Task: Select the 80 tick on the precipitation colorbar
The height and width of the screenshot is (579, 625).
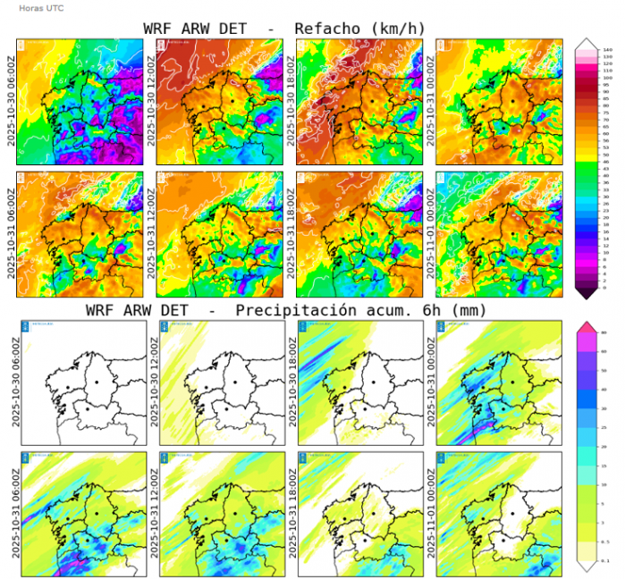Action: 607,333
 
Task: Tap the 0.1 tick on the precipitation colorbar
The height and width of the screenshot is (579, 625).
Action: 607,560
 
